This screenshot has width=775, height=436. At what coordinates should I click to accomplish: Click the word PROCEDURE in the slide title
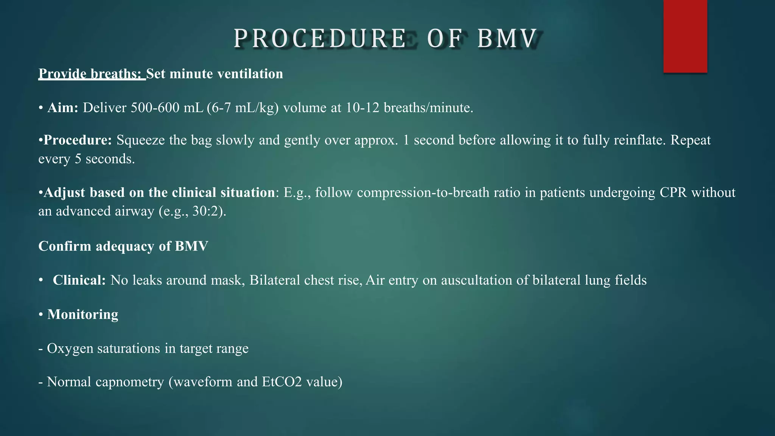[320, 39]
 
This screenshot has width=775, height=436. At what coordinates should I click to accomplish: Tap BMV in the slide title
[507, 39]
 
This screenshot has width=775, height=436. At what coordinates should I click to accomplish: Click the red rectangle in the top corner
[685, 36]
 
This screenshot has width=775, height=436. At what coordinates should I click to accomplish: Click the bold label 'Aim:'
[63, 108]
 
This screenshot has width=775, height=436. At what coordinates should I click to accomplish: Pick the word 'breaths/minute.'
[428, 108]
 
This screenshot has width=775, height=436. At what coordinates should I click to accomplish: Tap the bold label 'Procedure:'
[78, 140]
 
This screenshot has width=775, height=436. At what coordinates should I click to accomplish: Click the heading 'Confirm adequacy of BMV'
[123, 246]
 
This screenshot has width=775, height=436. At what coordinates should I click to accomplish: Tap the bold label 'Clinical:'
[79, 280]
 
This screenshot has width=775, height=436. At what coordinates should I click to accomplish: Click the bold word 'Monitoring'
[82, 315]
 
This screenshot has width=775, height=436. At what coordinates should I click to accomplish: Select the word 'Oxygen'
[70, 348]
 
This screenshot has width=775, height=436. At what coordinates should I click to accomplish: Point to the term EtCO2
[282, 382]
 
